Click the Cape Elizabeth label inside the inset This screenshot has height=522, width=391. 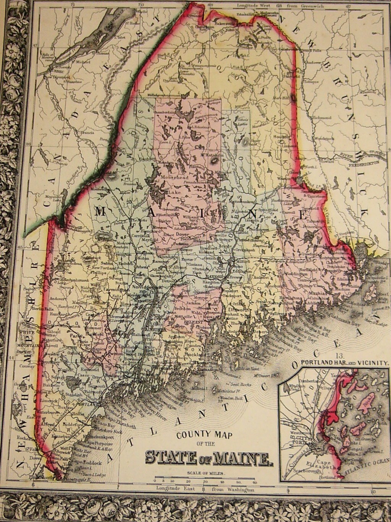pyautogui.click(x=323, y=464)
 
